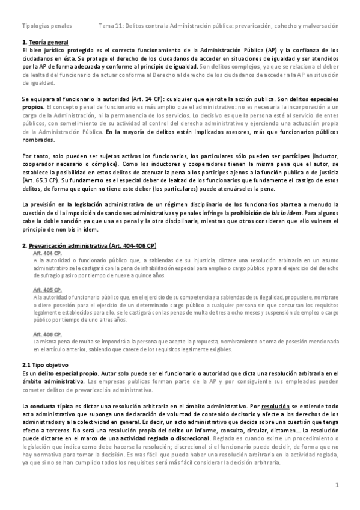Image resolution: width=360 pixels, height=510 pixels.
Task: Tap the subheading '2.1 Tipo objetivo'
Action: click(x=45, y=365)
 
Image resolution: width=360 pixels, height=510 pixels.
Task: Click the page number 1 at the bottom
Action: click(x=337, y=485)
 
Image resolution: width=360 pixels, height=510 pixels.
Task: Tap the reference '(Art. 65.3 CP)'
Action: click(x=37, y=179)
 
